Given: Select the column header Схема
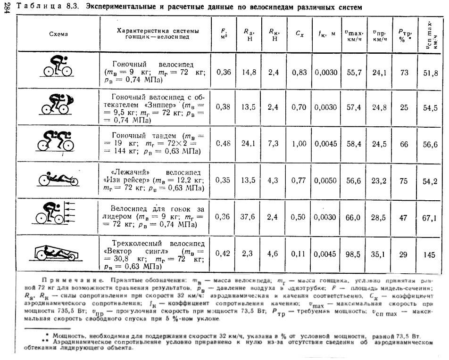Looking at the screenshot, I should pos(58,34).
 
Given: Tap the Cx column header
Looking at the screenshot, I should pos(299,34).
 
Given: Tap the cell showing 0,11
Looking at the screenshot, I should pos(299,253).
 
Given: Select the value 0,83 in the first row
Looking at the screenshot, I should pos(299,72).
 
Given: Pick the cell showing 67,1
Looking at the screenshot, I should pos(430,217).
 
